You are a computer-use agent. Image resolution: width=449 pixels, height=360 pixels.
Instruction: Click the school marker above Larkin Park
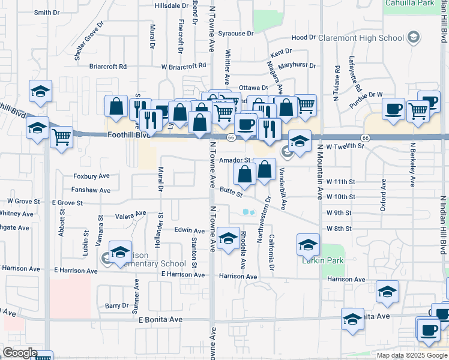307,244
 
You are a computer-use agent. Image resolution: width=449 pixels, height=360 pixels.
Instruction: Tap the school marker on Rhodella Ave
228,238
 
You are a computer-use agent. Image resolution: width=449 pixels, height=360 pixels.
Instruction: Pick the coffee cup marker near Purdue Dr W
393,109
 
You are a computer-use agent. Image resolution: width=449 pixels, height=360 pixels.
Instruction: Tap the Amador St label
234,161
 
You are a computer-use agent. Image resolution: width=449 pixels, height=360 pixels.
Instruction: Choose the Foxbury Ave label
91,176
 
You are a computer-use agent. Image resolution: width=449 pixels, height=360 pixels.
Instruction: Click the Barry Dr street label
116,305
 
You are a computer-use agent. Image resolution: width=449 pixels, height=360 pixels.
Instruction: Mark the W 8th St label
339,229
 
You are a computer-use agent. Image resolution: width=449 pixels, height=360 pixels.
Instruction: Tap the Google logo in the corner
20,353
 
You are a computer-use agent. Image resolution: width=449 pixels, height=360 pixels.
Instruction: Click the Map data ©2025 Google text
411,355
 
